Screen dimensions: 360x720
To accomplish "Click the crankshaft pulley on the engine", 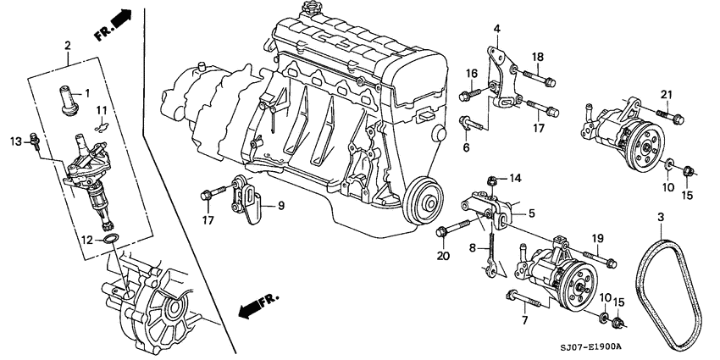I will (x=422, y=202).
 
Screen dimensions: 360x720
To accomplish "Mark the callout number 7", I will (x=524, y=320).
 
